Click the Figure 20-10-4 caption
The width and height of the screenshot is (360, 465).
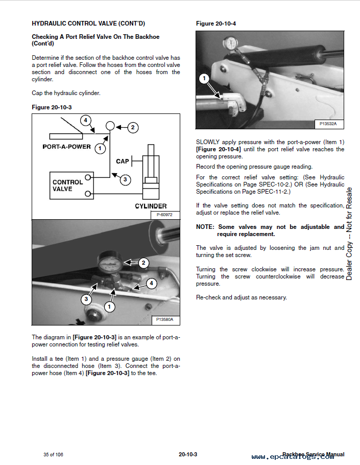[x=216, y=24]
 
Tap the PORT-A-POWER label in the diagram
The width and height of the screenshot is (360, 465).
[x=66, y=147]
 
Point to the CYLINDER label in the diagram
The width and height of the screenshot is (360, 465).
[x=152, y=206]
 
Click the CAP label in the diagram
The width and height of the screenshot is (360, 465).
[x=123, y=161]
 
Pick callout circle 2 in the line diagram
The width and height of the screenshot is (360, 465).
[x=133, y=128]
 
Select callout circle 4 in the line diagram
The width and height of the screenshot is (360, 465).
[x=86, y=121]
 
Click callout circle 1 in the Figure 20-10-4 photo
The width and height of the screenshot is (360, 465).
[x=204, y=78]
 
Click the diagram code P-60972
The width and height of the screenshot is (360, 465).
[x=164, y=215]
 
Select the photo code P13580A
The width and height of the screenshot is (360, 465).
[x=164, y=320]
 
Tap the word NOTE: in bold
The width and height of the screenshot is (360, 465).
[x=206, y=227]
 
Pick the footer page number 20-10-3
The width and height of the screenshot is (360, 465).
[x=188, y=454]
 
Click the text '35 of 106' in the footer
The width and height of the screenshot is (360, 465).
[x=53, y=454]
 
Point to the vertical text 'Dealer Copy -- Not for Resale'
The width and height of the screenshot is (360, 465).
[x=349, y=234]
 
